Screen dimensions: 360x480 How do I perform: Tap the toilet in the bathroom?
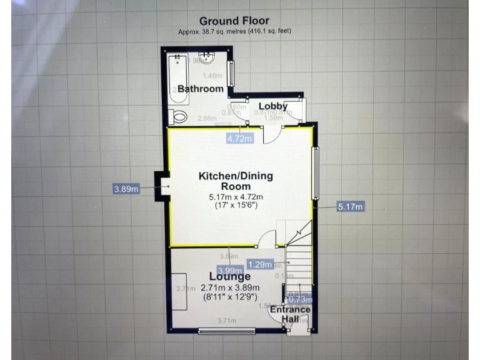tap(179, 116)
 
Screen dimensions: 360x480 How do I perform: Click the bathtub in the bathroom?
tap(177, 81)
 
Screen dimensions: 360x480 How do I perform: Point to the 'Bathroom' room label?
tap(200, 89)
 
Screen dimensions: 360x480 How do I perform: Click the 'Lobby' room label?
tap(273, 106)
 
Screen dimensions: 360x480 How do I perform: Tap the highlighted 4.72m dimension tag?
tap(240, 138)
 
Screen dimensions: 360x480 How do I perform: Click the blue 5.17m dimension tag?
tap(351, 207)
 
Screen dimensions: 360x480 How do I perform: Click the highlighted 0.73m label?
tap(298, 299)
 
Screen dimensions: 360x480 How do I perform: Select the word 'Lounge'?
tap(230, 277)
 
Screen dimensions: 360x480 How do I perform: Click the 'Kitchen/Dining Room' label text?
tap(236, 181)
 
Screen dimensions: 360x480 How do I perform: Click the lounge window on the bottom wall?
tap(226, 329)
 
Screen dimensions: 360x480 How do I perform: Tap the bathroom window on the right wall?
tap(231, 73)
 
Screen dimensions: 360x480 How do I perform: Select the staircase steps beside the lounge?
tap(299, 263)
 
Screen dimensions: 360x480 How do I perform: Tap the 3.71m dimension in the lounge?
tap(227, 321)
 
